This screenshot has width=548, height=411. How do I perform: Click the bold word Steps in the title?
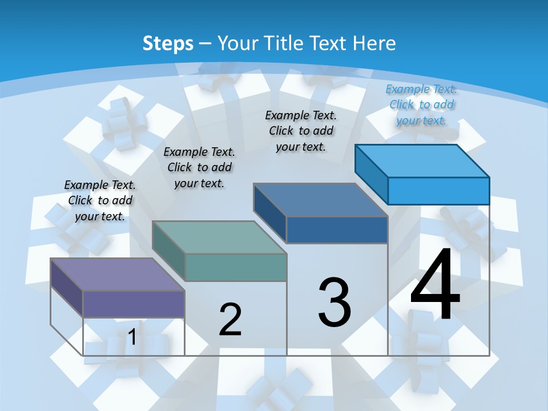pyautogui.click(x=168, y=43)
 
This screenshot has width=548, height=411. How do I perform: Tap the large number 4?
pyautogui.click(x=435, y=285)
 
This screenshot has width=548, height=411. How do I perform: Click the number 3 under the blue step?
pyautogui.click(x=335, y=303)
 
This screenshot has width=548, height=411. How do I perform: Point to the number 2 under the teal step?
pyautogui.click(x=231, y=320)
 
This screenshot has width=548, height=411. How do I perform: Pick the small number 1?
pyautogui.click(x=132, y=337)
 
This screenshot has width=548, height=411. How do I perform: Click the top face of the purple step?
pyautogui.click(x=118, y=274)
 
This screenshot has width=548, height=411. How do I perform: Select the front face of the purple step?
pyautogui.click(x=134, y=304)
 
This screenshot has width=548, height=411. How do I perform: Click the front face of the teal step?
pyautogui.click(x=235, y=267)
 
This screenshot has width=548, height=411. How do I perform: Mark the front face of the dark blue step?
pyautogui.click(x=337, y=229)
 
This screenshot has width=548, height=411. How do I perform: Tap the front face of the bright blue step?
pyautogui.click(x=438, y=191)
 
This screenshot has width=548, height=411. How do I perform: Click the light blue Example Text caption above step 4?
pyautogui.click(x=421, y=104)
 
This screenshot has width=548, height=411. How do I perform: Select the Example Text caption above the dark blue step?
pyautogui.click(x=301, y=131)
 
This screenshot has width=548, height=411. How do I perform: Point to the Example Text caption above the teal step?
pyautogui.click(x=199, y=167)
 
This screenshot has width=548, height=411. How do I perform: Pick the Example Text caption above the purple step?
pyautogui.click(x=100, y=200)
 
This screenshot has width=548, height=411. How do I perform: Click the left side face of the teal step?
pyautogui.click(x=169, y=251)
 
